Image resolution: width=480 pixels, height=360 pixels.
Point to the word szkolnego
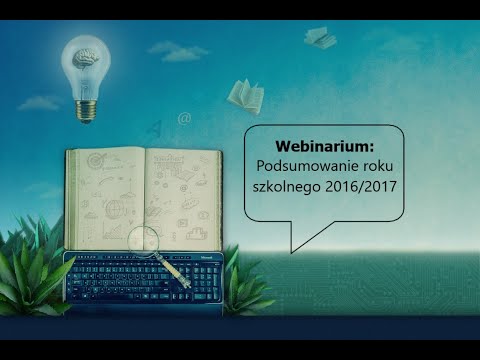[293, 187]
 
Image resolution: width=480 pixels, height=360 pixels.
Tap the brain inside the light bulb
[87, 59]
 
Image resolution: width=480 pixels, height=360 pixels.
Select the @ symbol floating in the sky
[184, 118]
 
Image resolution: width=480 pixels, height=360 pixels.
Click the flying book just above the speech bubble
[244, 95]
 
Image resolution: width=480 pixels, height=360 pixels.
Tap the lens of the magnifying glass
[144, 240]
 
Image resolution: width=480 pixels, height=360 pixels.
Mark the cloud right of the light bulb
[178, 49]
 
